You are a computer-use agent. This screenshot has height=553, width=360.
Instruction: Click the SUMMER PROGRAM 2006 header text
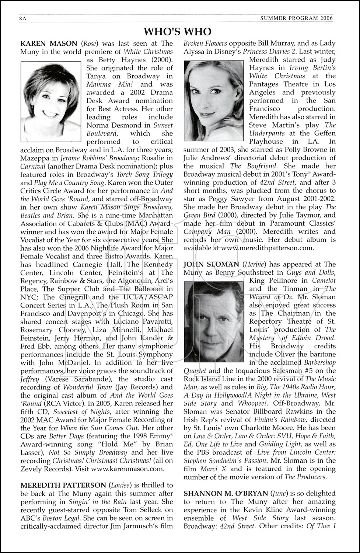[x=296, y=18]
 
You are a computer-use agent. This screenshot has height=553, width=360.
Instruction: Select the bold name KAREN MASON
[x=49, y=44]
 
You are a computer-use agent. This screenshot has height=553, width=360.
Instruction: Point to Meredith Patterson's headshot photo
[x=214, y=101]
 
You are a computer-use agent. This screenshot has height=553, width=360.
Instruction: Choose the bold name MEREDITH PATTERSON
[x=63, y=485]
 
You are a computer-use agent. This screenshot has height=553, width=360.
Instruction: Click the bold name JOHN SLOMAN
[x=212, y=264]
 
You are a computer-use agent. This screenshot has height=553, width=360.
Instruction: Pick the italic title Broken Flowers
[x=205, y=44]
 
